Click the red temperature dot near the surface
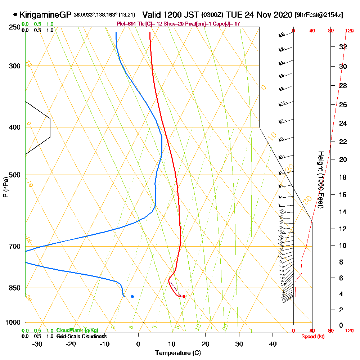click(x=184, y=296)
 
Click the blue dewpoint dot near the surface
click(x=132, y=296)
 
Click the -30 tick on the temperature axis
click(x=37, y=344)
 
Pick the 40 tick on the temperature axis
click(x=273, y=344)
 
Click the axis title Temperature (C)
click(x=178, y=353)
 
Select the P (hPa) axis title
click(x=5, y=187)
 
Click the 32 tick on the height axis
click(x=343, y=46)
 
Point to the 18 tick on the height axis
click(x=343, y=177)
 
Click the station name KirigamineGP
click(x=45, y=15)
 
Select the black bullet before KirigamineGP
click(x=15, y=15)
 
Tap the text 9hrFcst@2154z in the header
click(x=319, y=15)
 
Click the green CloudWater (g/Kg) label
click(x=77, y=330)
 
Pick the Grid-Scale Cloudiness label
click(x=81, y=336)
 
